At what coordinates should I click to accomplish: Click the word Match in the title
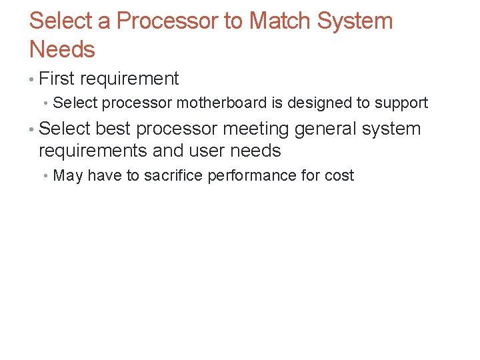click(x=279, y=21)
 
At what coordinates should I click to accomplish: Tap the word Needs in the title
click(x=62, y=49)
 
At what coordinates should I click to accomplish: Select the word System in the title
click(x=355, y=21)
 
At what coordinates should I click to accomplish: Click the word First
click(x=57, y=79)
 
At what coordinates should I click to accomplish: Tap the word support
click(x=401, y=103)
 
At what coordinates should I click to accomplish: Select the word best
click(x=113, y=128)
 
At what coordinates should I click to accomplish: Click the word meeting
click(x=257, y=129)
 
